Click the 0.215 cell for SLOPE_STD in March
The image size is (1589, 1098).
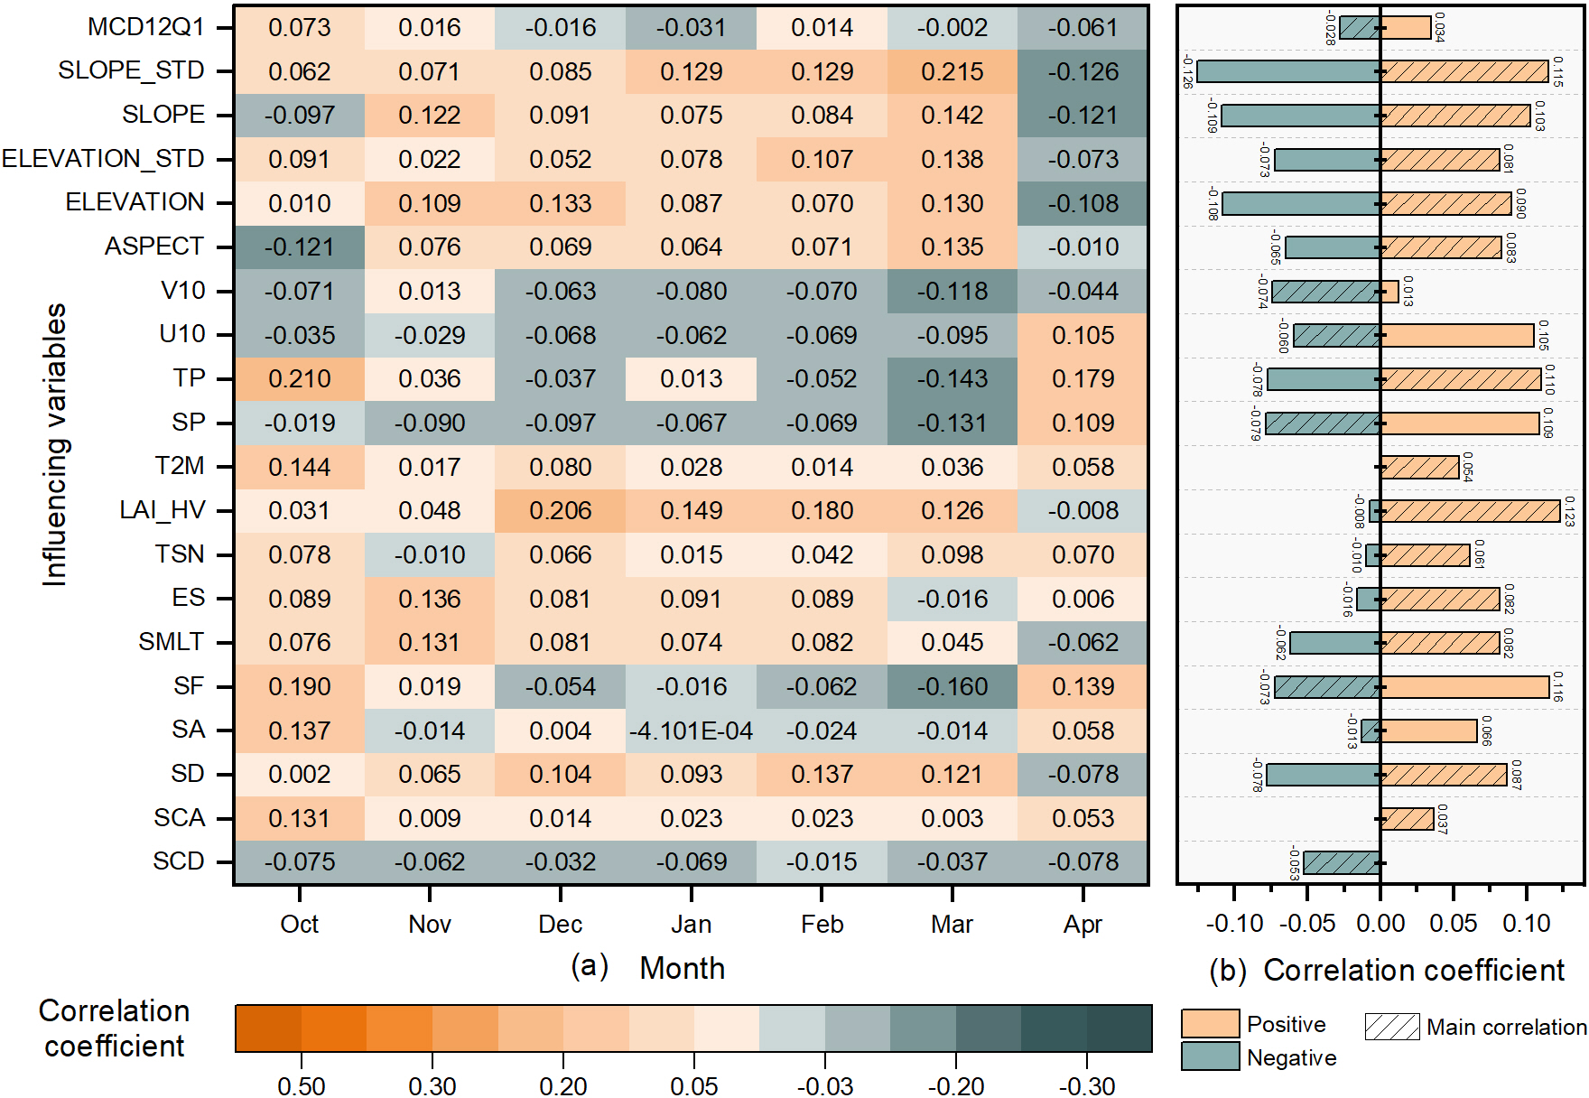coord(952,72)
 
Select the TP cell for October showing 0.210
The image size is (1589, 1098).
coord(299,379)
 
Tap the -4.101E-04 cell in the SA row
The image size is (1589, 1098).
coord(691,730)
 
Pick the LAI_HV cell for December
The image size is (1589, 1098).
coord(560,511)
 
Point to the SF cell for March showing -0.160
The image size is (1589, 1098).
coord(952,687)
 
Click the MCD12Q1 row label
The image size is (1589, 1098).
coord(145,27)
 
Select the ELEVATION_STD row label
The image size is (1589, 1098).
coord(103,159)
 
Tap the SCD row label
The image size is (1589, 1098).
coord(178,861)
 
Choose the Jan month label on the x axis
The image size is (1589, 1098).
coord(691,925)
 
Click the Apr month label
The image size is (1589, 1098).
coord(1083,925)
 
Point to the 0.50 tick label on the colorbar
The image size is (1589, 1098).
coord(301,1085)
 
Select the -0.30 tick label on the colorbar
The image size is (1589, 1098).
coord(1087,1085)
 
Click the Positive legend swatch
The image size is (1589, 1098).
coord(1210,1024)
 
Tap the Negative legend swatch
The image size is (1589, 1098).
coord(1210,1056)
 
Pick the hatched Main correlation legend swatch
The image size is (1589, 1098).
coord(1391,1027)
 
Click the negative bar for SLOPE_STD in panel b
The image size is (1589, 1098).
coord(1288,71)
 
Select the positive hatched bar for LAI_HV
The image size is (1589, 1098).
coord(1470,511)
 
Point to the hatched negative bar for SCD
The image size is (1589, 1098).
coord(1342,862)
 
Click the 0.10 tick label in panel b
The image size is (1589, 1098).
coord(1526,924)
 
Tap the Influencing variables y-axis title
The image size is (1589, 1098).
coord(55,444)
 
